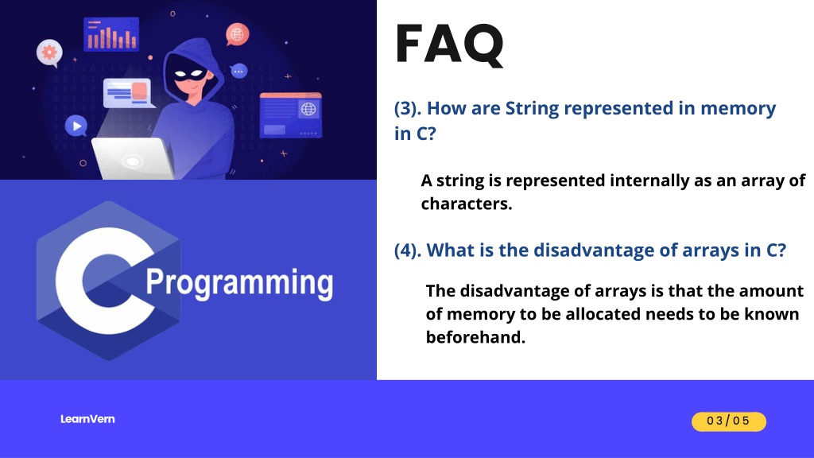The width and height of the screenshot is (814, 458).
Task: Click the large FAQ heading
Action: (x=450, y=45)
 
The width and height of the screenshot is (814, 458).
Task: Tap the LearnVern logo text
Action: (x=87, y=419)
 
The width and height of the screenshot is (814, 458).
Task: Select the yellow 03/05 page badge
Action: (x=728, y=421)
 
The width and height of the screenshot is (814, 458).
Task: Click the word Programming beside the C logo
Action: (x=239, y=283)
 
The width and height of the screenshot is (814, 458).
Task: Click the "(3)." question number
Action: (x=408, y=108)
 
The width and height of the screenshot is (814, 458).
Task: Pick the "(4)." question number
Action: (x=408, y=250)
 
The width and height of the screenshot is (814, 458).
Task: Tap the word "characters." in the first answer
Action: (x=466, y=204)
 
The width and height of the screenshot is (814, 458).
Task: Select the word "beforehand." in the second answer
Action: (x=475, y=337)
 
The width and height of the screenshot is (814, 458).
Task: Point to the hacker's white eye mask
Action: (x=190, y=74)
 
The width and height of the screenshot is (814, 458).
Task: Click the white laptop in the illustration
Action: (x=133, y=158)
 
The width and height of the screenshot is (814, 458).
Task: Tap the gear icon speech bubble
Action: (x=49, y=52)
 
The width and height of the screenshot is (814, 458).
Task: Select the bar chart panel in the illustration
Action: (x=111, y=34)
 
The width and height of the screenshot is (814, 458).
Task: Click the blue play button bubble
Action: (x=76, y=126)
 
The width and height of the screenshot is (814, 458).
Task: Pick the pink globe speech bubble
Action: (x=237, y=35)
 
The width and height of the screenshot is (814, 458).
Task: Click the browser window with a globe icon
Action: (x=291, y=115)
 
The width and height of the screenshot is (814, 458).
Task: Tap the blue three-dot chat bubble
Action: (x=238, y=71)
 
